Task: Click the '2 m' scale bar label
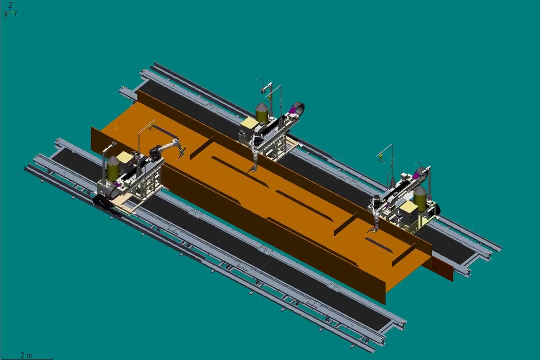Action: [x=26, y=355]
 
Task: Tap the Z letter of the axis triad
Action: [x=10, y=5]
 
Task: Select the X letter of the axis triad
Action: [x=5, y=14]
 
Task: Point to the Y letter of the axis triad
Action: [x=15, y=14]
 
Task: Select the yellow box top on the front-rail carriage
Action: [x=122, y=159]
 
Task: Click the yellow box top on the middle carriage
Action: [x=248, y=123]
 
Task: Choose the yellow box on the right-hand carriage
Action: [x=409, y=211]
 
